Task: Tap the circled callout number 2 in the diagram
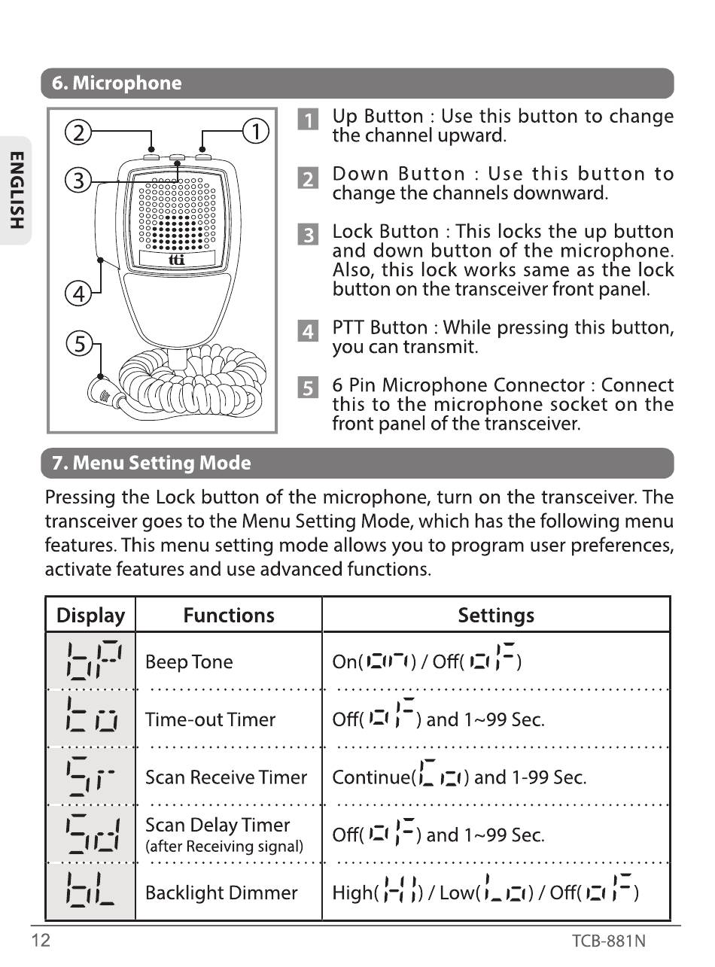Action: [x=77, y=132]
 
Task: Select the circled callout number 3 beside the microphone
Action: [x=77, y=181]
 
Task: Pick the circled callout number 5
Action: [x=78, y=345]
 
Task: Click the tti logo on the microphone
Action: [x=177, y=260]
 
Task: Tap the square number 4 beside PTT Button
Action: [x=308, y=331]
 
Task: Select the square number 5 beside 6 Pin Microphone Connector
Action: [x=308, y=388]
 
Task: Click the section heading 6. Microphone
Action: [x=117, y=84]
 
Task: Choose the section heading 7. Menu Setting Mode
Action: [x=151, y=463]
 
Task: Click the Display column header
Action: [x=91, y=616]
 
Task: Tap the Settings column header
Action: [x=496, y=616]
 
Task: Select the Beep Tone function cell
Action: [x=189, y=662]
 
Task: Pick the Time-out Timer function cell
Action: [x=210, y=719]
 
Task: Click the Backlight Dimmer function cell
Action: [x=221, y=893]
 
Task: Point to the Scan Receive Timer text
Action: [x=226, y=777]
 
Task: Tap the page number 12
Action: [x=41, y=941]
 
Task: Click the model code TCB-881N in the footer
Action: [x=608, y=941]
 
